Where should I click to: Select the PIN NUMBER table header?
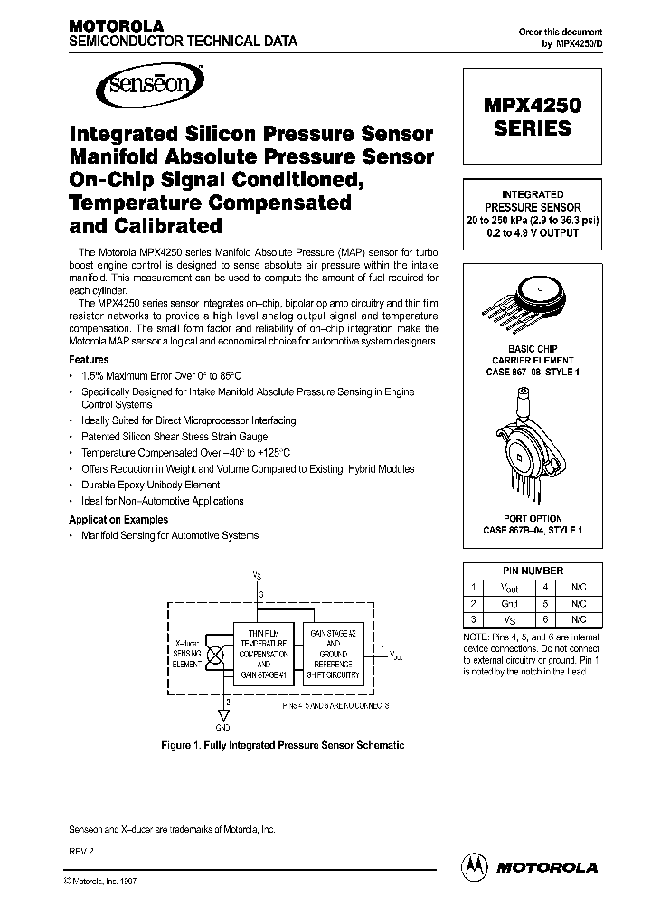[533, 571]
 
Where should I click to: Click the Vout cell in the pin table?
[509, 587]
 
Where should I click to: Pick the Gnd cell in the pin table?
[509, 603]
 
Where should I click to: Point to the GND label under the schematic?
[222, 728]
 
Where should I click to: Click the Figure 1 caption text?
[282, 745]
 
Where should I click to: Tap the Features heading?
[89, 360]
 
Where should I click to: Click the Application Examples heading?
[118, 520]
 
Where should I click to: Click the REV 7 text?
[81, 853]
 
